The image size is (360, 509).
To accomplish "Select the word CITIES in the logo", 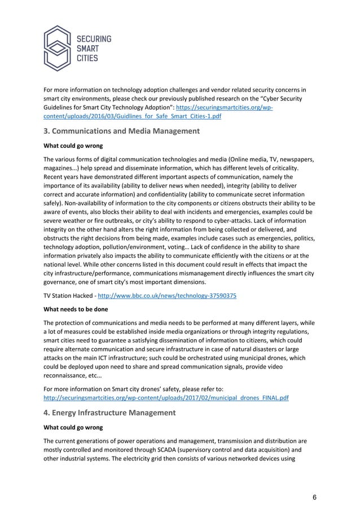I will [x=87, y=58].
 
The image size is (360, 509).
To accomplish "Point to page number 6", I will [x=314, y=496].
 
